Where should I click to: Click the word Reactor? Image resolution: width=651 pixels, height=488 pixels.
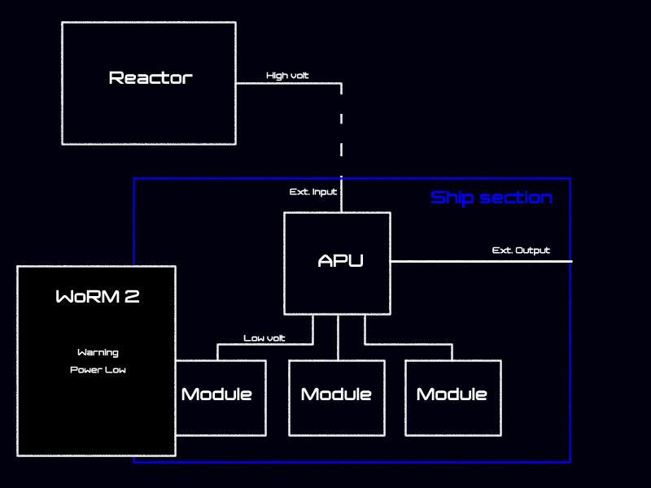pos(151,78)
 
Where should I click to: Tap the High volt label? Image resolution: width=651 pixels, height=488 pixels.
pos(287,76)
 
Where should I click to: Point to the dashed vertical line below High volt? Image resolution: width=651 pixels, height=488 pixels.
pos(341,130)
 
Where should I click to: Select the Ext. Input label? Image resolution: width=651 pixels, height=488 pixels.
pos(313,192)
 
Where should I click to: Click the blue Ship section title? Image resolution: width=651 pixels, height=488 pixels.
pos(491,198)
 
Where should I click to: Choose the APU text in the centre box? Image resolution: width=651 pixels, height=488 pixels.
pos(340,261)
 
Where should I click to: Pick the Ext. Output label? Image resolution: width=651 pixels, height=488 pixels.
pos(521,251)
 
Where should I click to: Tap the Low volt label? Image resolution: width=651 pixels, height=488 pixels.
pos(264,338)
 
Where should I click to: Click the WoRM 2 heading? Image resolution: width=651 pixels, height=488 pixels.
pos(97,297)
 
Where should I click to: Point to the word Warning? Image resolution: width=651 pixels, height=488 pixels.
pos(98,353)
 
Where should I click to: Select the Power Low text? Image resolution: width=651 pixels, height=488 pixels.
pos(98,370)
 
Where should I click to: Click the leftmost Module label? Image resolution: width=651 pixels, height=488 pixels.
pos(216,394)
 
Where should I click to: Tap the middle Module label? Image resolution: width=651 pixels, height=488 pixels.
pos(336,394)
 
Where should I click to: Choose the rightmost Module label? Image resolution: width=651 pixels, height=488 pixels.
pos(452,394)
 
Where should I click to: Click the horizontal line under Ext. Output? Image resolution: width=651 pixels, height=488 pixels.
pos(480,261)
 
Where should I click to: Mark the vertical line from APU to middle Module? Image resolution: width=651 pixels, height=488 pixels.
pos(338,338)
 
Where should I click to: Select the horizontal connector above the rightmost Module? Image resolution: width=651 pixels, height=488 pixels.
pos(408,344)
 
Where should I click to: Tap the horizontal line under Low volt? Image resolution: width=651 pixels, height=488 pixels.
pos(264,344)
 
